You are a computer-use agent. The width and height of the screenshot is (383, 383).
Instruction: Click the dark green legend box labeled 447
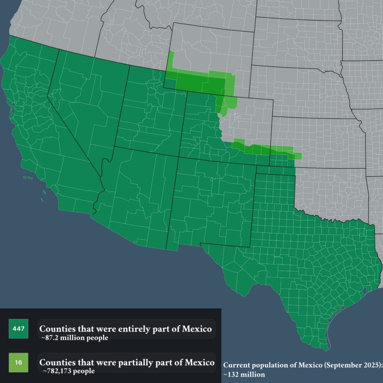(18, 329)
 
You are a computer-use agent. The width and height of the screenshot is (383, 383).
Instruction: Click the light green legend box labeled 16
(18, 362)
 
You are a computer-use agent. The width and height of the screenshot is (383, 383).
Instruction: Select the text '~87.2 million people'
(75, 338)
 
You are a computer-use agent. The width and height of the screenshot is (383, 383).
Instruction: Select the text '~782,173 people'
(69, 371)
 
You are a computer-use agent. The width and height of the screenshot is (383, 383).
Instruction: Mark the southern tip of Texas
(325, 346)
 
